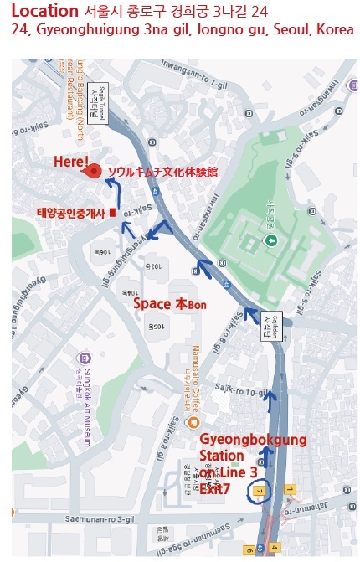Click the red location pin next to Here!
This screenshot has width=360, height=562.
point(95,170)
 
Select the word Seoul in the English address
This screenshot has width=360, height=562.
point(281,30)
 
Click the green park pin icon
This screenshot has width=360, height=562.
point(270,241)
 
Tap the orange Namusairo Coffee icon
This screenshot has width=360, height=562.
point(193,421)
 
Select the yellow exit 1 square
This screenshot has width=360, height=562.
point(290,487)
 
